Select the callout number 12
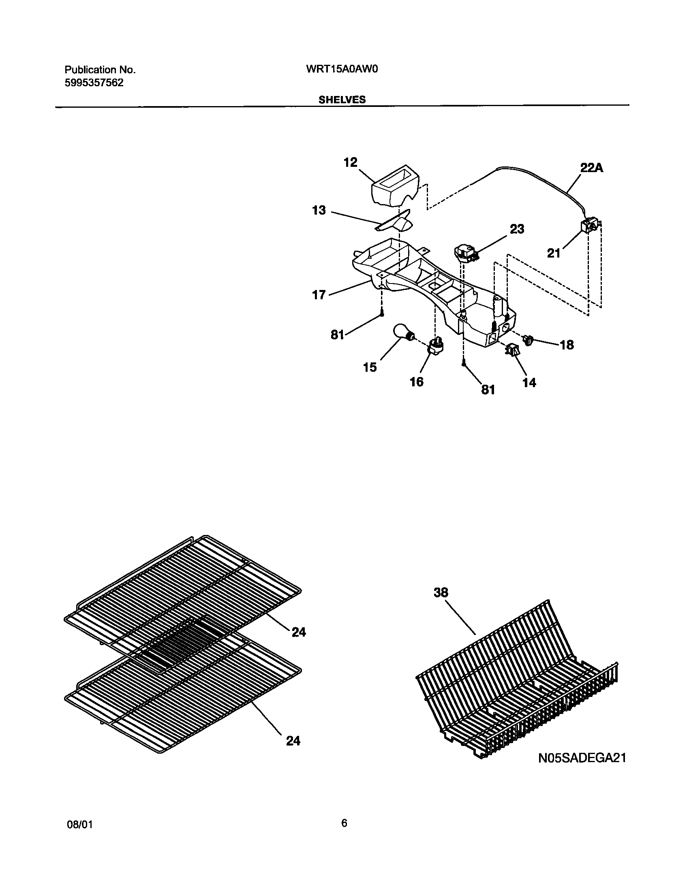[x=351, y=162]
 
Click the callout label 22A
[x=591, y=168]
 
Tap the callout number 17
[x=319, y=295]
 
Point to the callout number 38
[x=441, y=592]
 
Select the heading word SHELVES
[x=342, y=100]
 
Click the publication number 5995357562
[x=94, y=83]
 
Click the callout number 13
[x=319, y=210]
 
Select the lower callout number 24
[x=293, y=741]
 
